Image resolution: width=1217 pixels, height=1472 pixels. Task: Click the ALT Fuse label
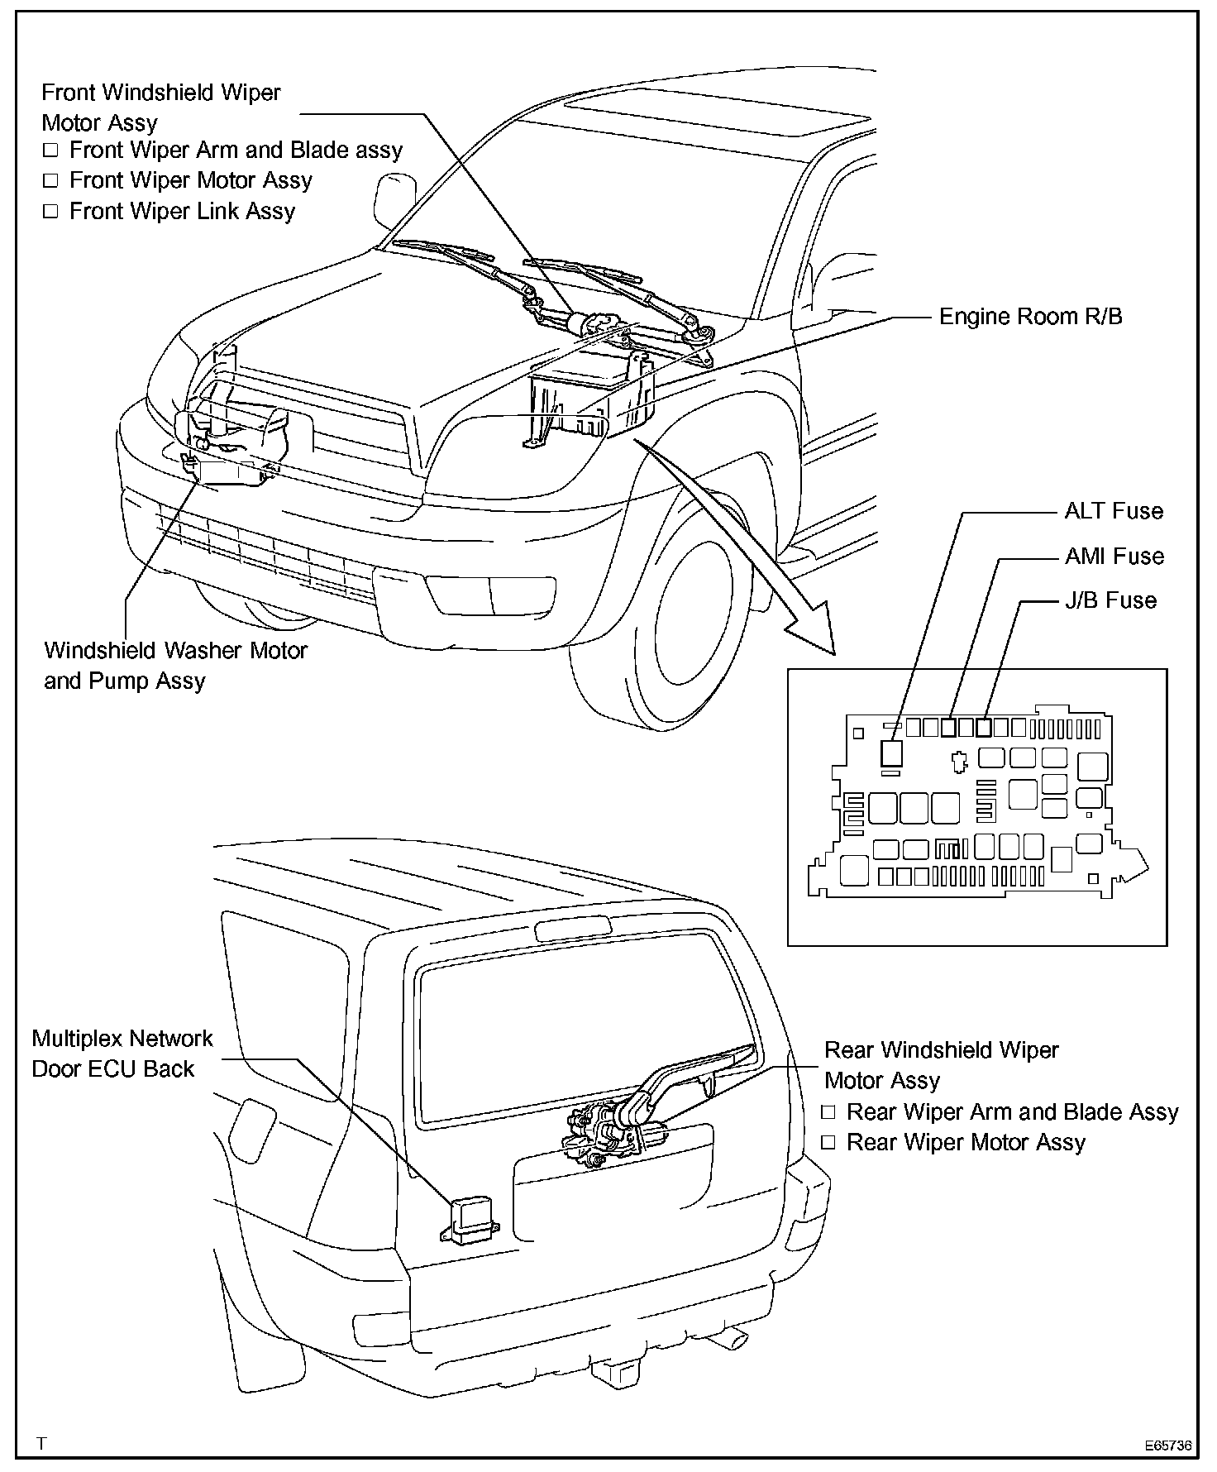point(1113,511)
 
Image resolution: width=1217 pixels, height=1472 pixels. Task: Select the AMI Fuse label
point(1114,556)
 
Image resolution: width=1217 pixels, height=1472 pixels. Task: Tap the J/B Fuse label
point(1110,600)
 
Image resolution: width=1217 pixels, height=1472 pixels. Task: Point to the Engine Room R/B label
point(1031,317)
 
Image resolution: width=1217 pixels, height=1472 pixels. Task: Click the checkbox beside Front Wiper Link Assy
point(51,212)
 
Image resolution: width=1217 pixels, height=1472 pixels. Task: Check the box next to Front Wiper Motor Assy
point(51,181)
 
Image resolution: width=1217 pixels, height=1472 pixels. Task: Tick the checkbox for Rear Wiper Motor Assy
point(828,1143)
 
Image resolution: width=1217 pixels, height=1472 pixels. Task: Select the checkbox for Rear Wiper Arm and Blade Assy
point(828,1112)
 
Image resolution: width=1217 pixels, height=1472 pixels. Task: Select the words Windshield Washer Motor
point(175,651)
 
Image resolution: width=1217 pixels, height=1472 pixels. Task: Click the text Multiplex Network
point(122,1039)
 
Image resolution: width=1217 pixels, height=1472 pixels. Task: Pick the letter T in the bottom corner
point(42,1444)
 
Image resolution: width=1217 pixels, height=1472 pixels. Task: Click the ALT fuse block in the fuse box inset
point(891,753)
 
